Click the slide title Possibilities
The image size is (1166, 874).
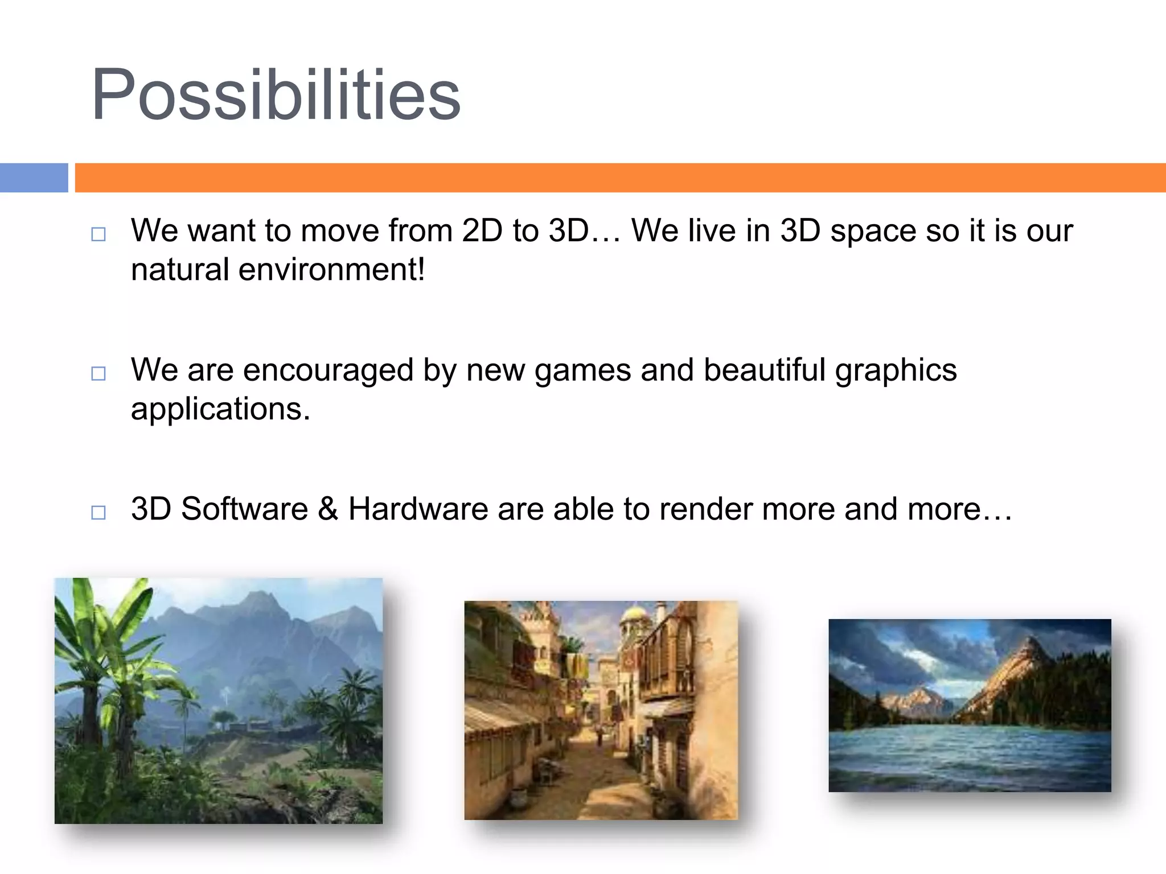click(x=276, y=95)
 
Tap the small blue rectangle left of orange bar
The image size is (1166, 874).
click(x=34, y=178)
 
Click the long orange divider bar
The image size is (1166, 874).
click(x=619, y=178)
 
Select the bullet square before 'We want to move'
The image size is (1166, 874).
click(x=98, y=234)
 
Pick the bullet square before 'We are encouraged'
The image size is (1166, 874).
click(x=98, y=373)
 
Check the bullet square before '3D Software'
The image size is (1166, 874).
click(x=98, y=512)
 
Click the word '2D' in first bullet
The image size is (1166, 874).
click(x=482, y=230)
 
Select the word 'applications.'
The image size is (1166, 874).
click(x=221, y=409)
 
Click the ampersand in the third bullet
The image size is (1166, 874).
click(x=328, y=509)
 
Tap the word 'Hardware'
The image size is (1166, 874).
click(x=418, y=509)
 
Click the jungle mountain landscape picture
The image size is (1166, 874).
click(x=219, y=700)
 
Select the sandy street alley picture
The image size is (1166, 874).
click(x=601, y=710)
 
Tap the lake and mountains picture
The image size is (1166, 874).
click(x=970, y=705)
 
